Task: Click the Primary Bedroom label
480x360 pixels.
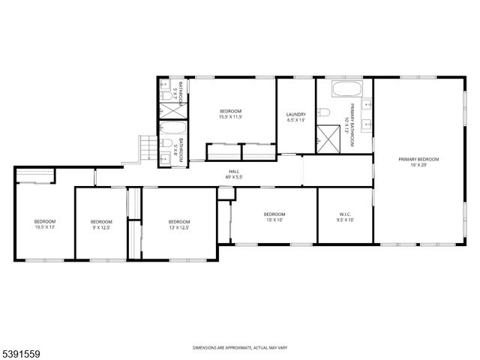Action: coord(418,162)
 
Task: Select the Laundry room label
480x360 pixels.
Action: coord(296,117)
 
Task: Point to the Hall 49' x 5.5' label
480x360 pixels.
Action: coord(235,174)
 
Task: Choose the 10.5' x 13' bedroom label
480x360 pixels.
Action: coord(44,224)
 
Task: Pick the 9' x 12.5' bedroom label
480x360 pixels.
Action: coord(101,224)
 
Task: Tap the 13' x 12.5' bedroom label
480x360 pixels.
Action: coord(178,224)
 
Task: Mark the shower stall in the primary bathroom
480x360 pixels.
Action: coord(328,137)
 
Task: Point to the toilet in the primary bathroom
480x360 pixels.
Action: coord(323,113)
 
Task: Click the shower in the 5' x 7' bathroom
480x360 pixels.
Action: coord(174,109)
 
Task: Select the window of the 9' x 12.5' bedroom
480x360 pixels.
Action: coord(101,259)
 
